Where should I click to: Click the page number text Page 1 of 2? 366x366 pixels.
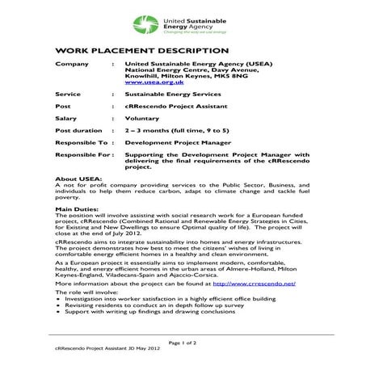[x=183, y=344]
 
